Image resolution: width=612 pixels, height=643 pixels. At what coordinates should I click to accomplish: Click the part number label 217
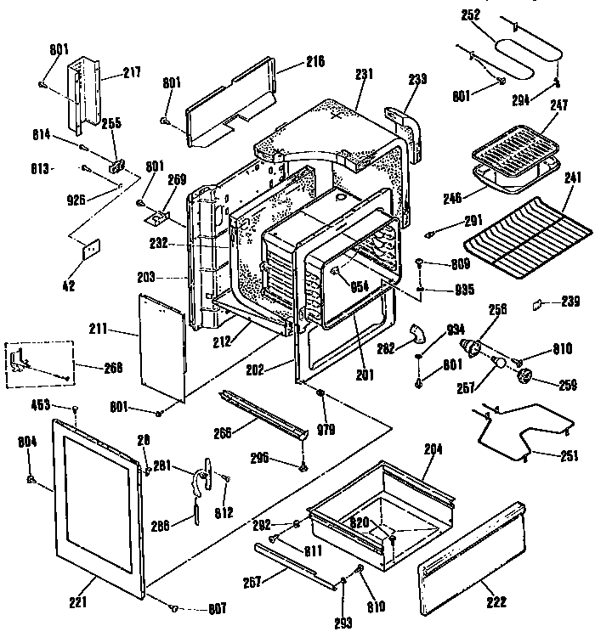tap(131, 73)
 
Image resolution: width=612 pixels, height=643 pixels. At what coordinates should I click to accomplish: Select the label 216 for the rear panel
tap(292, 61)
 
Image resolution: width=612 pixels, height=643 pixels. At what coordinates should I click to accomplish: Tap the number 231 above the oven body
tap(365, 76)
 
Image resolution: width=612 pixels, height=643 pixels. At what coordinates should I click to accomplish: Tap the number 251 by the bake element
tap(569, 456)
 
